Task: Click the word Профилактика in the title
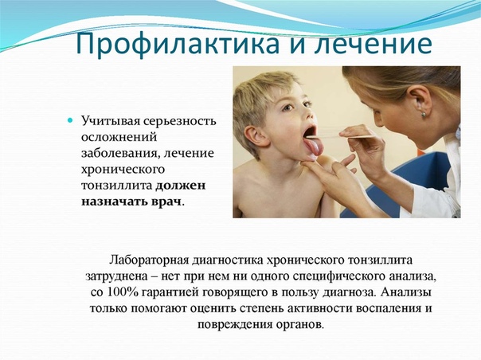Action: point(178,44)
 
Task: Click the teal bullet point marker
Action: point(70,120)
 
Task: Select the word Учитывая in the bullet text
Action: point(110,121)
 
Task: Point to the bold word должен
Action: point(181,186)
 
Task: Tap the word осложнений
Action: point(119,137)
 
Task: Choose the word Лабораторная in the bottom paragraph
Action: point(149,260)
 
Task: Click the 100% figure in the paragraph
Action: point(123,292)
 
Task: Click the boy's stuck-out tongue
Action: point(313,147)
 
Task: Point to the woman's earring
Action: point(424,115)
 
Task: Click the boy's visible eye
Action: point(288,108)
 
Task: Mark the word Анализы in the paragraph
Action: point(406,292)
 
